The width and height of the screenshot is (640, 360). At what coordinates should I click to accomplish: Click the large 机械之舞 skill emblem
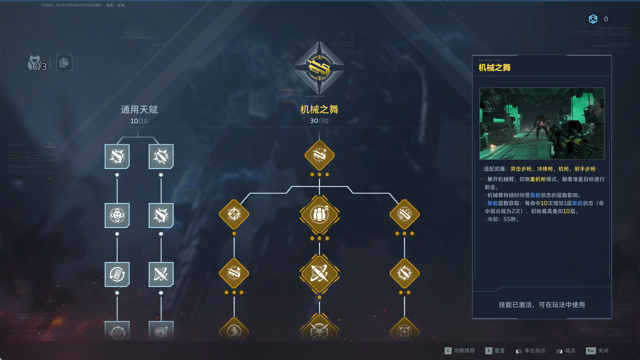tap(319, 68)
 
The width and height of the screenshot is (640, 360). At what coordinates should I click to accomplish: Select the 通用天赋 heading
tap(139, 110)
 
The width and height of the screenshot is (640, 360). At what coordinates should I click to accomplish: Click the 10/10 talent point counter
tap(139, 121)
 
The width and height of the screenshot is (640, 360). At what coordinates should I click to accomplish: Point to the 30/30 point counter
tap(319, 121)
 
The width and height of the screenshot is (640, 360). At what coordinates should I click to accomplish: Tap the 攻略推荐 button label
tap(464, 351)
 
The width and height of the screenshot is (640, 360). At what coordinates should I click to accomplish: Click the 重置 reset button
tap(499, 351)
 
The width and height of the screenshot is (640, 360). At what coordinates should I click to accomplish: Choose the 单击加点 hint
tap(534, 351)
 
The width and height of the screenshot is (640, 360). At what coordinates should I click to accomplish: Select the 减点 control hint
tap(570, 351)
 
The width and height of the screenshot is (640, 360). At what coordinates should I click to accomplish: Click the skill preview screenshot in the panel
tap(542, 123)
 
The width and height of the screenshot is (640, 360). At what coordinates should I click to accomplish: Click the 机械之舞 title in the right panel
tap(494, 68)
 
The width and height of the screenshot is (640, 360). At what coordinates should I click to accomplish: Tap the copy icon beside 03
tap(64, 63)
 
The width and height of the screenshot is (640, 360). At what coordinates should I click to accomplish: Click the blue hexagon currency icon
tap(593, 19)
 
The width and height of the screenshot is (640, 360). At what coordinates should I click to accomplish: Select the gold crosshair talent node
tap(234, 214)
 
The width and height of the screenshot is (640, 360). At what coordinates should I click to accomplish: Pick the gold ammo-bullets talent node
tap(319, 214)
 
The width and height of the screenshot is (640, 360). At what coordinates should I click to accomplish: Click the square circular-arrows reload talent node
tap(117, 274)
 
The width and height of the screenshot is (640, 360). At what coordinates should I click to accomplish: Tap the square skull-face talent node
tap(117, 215)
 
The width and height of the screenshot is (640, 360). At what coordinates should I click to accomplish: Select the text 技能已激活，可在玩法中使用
tap(542, 305)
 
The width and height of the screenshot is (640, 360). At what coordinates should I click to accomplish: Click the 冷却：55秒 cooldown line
tap(503, 219)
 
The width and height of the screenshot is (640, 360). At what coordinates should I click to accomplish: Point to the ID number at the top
tap(78, 5)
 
